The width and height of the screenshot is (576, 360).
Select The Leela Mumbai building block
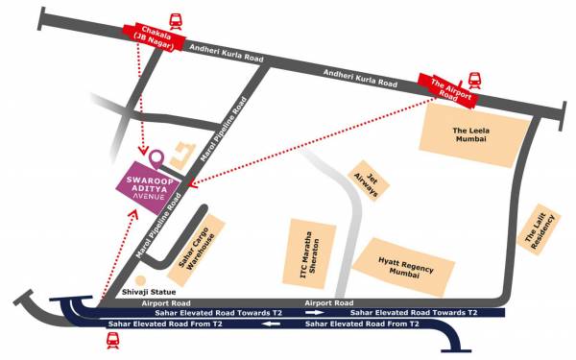[x=472, y=134]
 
